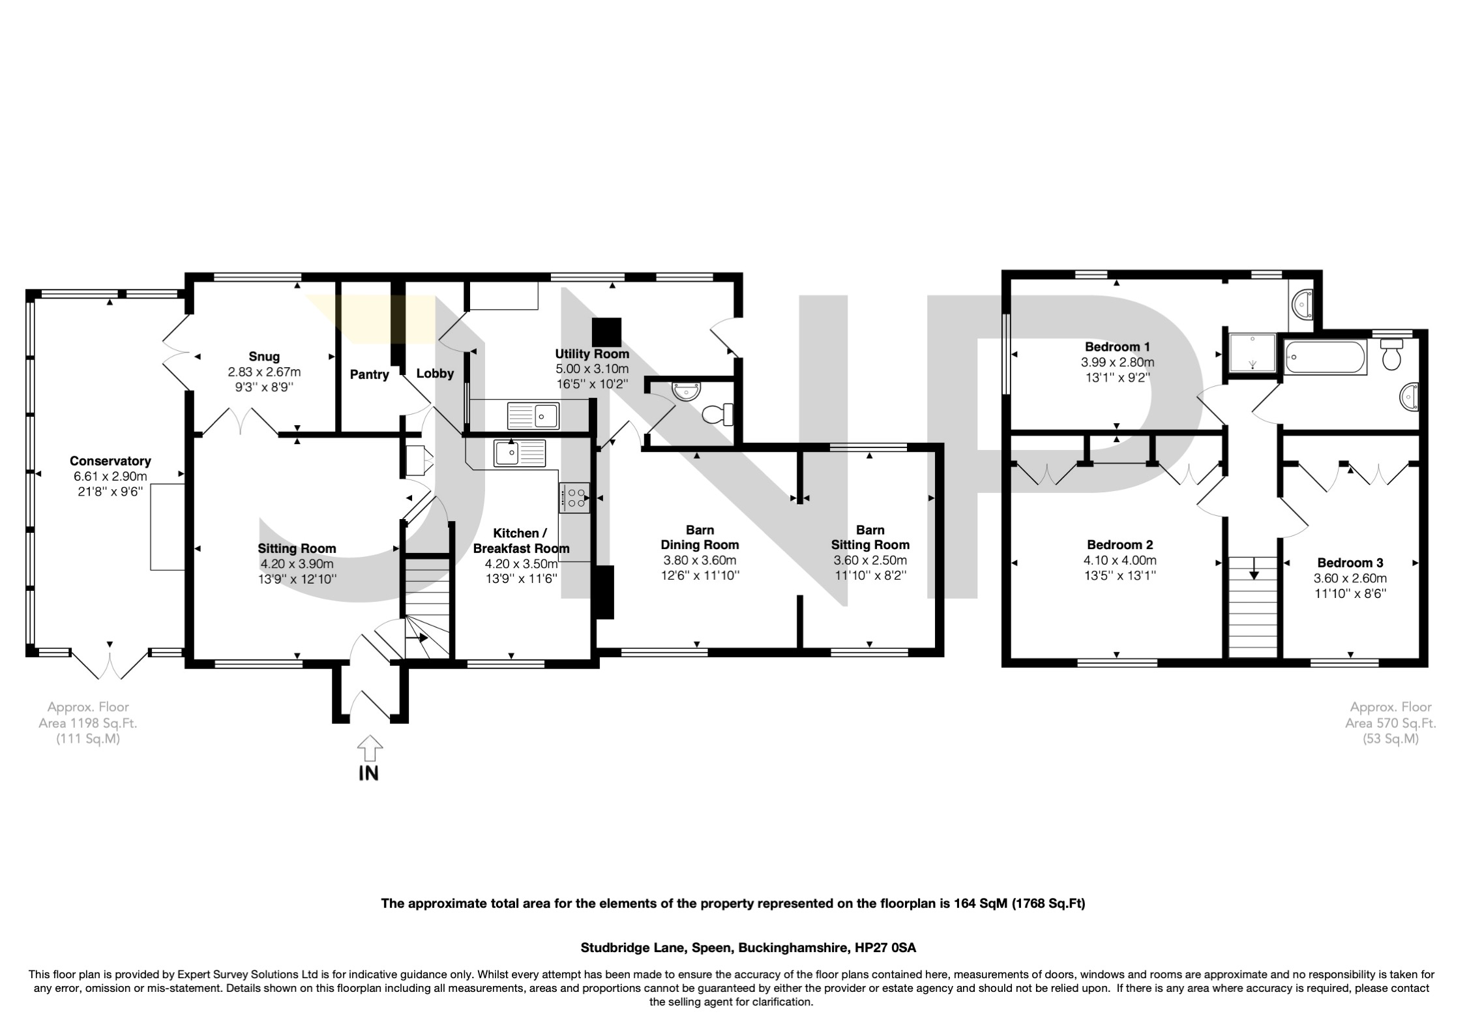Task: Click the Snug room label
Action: (264, 357)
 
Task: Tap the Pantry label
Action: (369, 374)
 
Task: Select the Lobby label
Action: (435, 374)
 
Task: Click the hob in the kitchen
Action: (574, 498)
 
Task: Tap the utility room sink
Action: (533, 415)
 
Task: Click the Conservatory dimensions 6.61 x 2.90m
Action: (110, 476)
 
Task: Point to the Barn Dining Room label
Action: (700, 537)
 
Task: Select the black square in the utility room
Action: (607, 332)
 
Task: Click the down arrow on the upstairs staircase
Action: (1253, 575)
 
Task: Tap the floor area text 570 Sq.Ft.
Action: (1391, 723)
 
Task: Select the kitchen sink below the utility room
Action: (520, 453)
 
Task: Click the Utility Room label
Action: (592, 354)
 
